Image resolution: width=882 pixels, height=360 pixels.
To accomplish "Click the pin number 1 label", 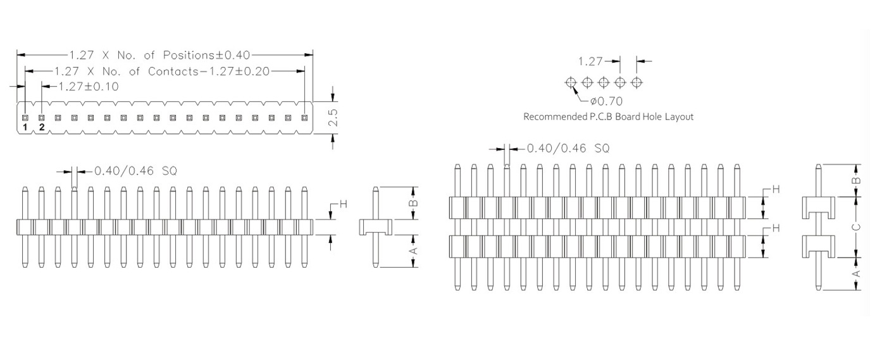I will point(25,128).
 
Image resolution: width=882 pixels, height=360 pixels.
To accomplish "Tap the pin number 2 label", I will point(42,128).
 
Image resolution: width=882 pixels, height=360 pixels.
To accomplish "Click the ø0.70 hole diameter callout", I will point(606,101).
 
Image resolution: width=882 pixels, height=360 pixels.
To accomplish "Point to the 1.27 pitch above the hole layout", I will point(590,61).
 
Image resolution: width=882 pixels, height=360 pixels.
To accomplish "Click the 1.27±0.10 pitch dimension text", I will point(88,86).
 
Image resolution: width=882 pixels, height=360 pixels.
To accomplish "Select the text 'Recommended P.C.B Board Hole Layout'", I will point(608,117).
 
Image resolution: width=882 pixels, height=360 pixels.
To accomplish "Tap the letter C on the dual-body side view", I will point(856,226).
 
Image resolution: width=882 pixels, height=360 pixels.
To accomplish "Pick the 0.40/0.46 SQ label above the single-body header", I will point(135,170).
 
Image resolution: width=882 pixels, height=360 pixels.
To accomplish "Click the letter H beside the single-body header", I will point(344,204).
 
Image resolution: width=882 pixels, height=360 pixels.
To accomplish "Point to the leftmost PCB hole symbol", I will point(571,82).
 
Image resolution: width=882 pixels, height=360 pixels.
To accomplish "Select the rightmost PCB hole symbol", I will point(637,82).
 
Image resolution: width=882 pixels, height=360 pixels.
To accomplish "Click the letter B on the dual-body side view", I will point(856,180).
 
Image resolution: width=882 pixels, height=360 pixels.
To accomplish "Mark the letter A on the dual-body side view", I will point(856,273).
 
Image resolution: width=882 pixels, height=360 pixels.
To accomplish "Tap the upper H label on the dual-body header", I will point(776,190).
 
